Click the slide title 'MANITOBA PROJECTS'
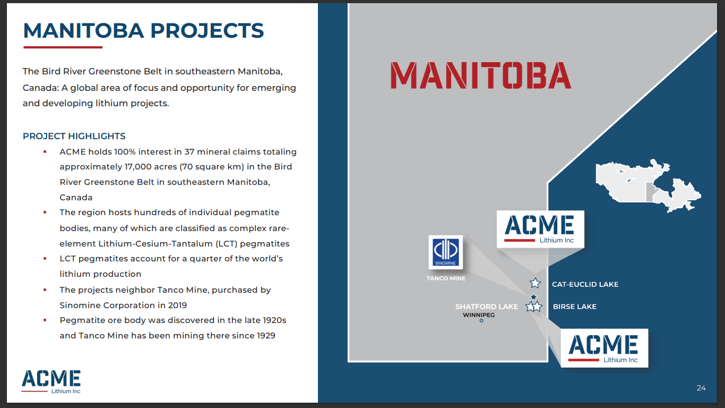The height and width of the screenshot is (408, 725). click(x=143, y=31)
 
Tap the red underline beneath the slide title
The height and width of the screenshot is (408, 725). click(x=63, y=47)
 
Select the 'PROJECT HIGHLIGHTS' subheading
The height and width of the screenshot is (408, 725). click(x=74, y=136)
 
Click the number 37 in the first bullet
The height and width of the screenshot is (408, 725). click(x=189, y=151)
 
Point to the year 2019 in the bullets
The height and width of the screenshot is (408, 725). click(x=177, y=305)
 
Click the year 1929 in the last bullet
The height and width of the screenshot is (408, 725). click(x=266, y=335)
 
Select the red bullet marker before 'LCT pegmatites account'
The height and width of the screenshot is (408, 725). click(x=45, y=259)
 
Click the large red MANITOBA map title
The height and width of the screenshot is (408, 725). click(x=481, y=75)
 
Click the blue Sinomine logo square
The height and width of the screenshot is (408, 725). click(x=446, y=252)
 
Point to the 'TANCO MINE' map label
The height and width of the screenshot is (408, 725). click(x=446, y=278)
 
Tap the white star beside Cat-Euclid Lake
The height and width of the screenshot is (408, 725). click(x=535, y=283)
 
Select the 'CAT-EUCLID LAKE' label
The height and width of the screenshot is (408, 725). click(x=585, y=284)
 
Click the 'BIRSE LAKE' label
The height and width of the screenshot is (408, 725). click(x=574, y=307)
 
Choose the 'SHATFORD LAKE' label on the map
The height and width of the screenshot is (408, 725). click(x=487, y=307)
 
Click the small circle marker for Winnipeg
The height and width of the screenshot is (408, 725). click(x=481, y=321)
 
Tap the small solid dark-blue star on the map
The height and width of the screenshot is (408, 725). click(x=533, y=297)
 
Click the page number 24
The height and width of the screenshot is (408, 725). click(x=701, y=388)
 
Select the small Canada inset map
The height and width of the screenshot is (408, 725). click(x=648, y=185)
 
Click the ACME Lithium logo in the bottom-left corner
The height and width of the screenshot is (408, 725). click(x=51, y=382)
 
